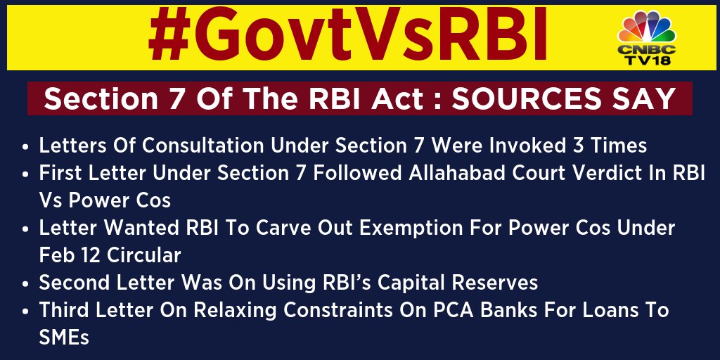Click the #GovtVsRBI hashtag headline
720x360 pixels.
tap(347, 36)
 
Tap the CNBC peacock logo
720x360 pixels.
tap(647, 27)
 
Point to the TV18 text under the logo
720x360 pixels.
tap(647, 60)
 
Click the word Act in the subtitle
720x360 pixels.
tap(399, 98)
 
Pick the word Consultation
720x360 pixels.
tap(202, 146)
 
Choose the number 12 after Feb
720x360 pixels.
tap(91, 255)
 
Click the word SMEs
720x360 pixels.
tap(64, 338)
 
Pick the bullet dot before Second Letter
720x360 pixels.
tap(25, 284)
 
